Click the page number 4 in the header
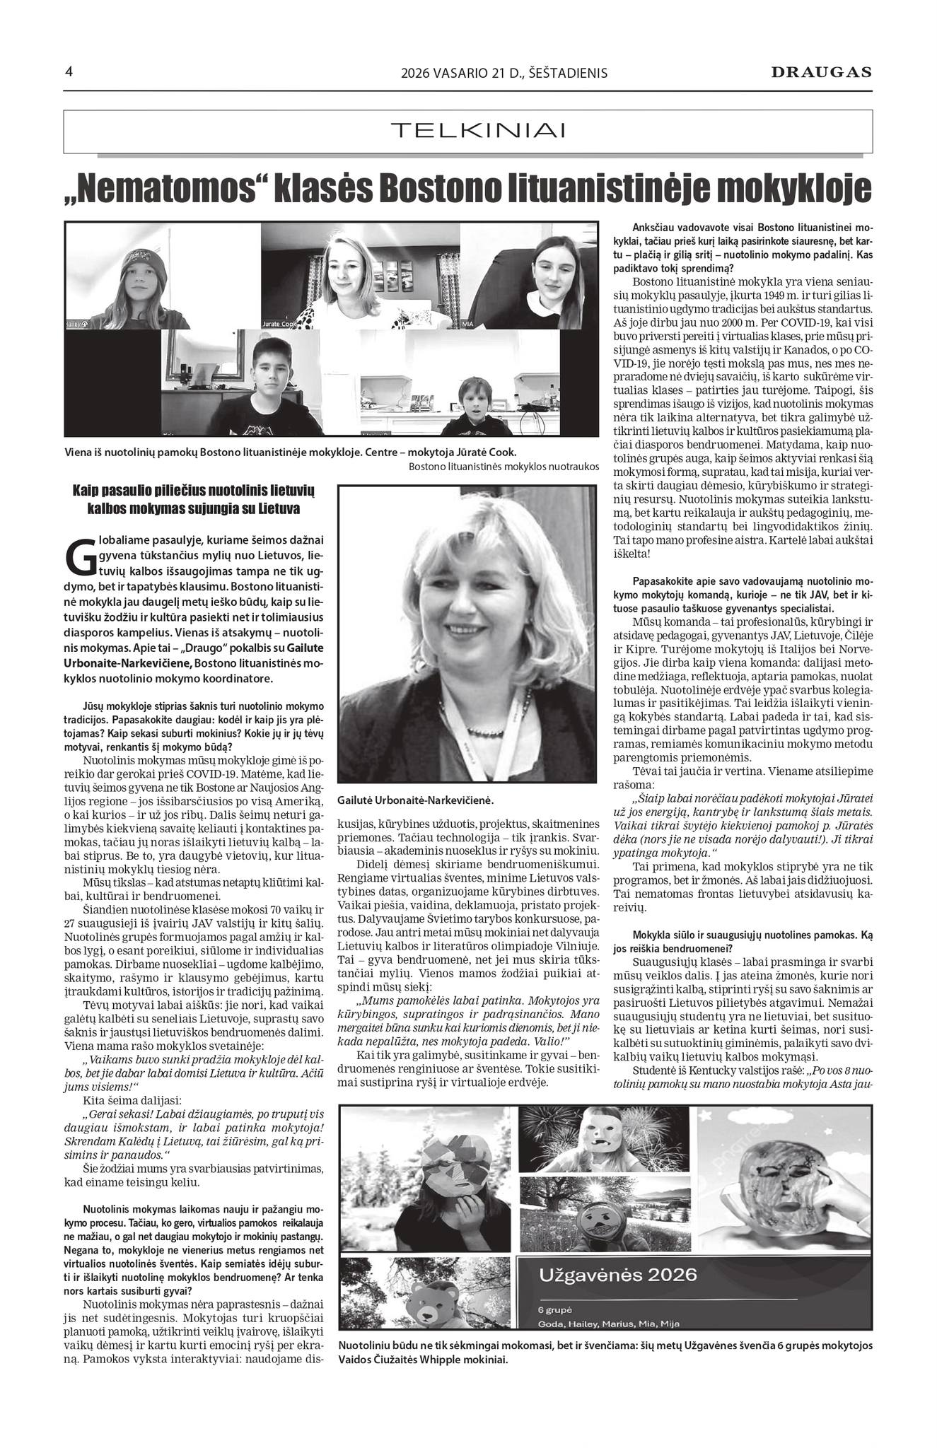tap(69, 71)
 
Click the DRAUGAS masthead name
tap(821, 72)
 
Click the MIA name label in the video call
tap(467, 324)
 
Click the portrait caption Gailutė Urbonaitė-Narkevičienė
tap(415, 801)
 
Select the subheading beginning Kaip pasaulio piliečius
tap(197, 500)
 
